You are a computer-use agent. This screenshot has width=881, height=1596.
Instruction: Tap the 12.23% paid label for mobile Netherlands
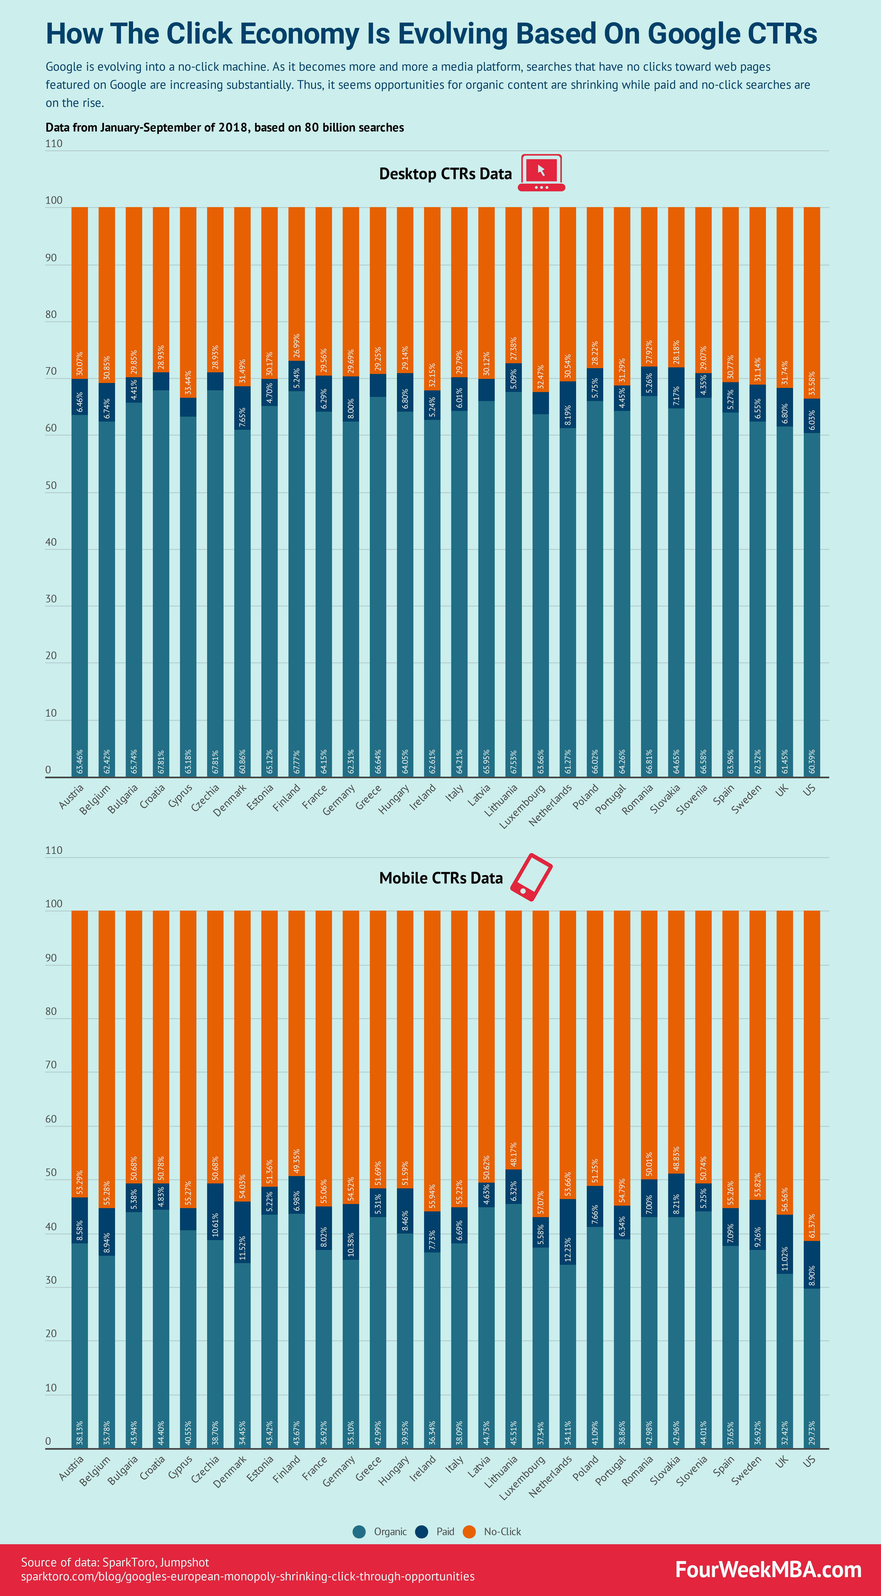pyautogui.click(x=567, y=1250)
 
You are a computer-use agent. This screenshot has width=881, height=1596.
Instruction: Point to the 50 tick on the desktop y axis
pyautogui.click(x=51, y=486)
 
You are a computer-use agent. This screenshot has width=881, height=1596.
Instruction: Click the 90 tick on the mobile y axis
pyautogui.click(x=51, y=958)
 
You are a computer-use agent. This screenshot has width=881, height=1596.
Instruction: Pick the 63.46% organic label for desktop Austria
pyautogui.click(x=79, y=761)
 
